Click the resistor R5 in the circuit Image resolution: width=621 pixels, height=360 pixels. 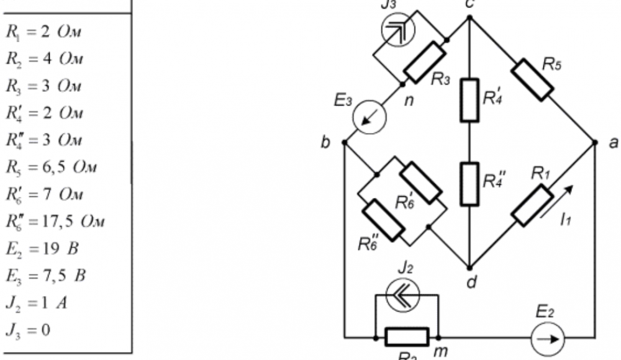[532, 79]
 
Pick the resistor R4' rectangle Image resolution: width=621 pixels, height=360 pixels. [469, 100]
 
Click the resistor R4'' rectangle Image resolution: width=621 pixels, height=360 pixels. [469, 184]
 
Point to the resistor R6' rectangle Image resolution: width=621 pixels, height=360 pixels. [421, 182]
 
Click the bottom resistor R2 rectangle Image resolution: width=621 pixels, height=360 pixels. [407, 337]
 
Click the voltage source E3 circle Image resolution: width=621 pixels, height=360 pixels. [368, 115]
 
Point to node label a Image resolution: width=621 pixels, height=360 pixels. [613, 143]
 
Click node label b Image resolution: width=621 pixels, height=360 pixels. [325, 144]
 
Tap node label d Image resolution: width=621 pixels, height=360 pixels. [471, 282]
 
